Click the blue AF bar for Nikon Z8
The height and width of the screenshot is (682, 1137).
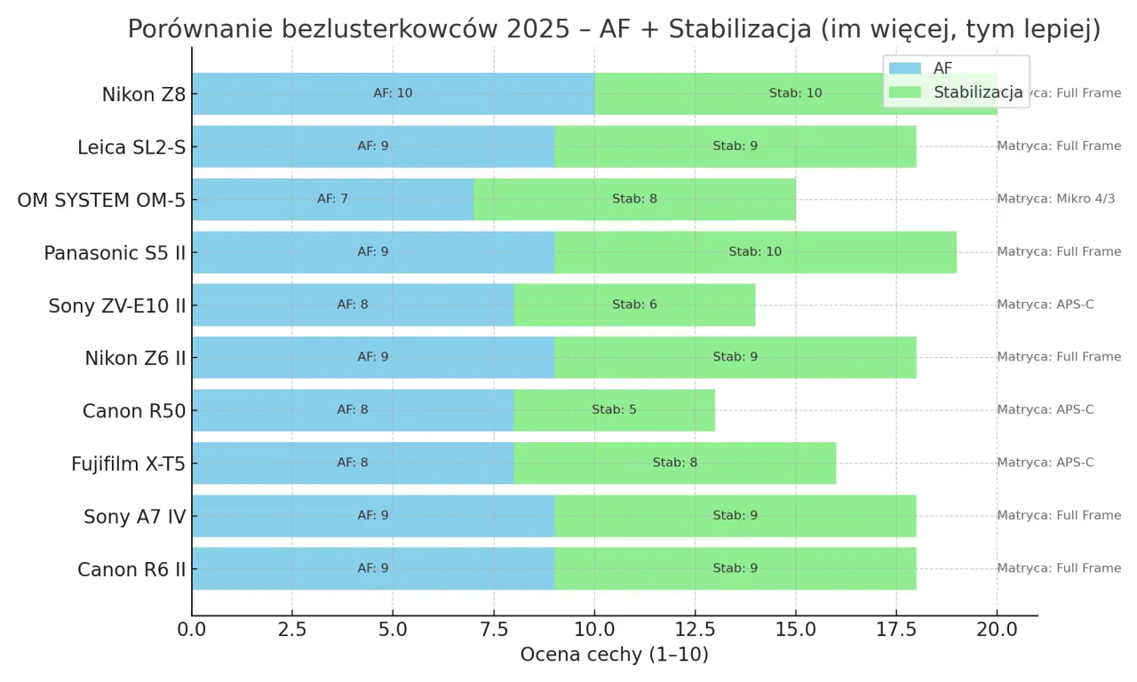293,93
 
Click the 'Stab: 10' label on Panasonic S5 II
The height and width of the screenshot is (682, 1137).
755,251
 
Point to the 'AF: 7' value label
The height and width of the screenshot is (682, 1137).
332,199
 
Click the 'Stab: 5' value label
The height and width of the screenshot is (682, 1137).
614,410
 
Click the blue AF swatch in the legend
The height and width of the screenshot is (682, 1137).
904,68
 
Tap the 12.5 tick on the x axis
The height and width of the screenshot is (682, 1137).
695,630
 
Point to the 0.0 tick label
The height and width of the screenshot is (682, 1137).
192,630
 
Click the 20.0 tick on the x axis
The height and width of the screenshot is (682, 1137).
997,630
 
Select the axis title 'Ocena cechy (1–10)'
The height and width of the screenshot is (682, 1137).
614,655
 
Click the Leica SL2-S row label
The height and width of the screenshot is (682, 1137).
131,147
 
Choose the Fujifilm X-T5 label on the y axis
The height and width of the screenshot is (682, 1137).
129,463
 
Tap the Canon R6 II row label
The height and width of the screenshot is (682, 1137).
131,568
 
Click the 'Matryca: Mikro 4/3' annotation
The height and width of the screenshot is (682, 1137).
1055,199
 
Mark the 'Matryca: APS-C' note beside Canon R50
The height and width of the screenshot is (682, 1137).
1045,410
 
